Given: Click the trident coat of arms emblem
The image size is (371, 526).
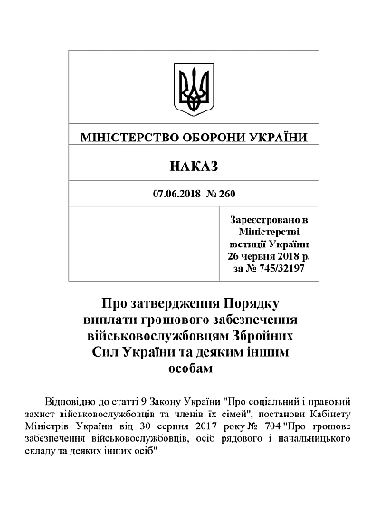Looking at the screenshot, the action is coord(194,89).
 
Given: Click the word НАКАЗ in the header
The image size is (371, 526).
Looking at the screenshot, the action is coord(194,167).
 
